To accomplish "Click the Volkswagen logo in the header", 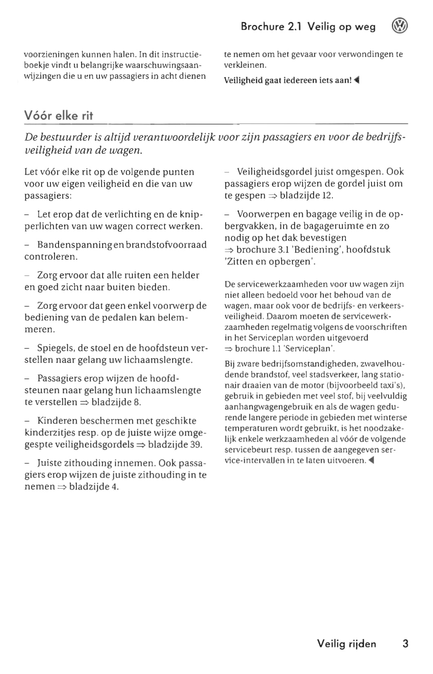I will [399, 26].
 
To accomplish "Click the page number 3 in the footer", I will [405, 643].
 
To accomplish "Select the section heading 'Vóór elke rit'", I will [59, 116].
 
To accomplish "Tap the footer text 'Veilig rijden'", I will [346, 643].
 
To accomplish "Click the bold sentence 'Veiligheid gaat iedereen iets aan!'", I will [288, 80].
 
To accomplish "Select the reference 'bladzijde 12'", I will [306, 195].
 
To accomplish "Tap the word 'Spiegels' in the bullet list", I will [56, 348].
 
